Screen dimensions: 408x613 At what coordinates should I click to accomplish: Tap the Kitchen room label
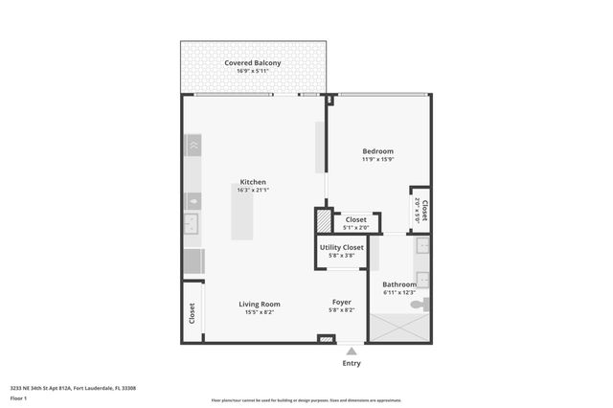coord(253,182)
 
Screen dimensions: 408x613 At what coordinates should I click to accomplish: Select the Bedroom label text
coord(377,151)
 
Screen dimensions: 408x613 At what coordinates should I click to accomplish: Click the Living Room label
coord(259,304)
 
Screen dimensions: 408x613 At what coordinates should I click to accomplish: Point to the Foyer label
coord(341,304)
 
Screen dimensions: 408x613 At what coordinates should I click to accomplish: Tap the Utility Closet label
coord(342,248)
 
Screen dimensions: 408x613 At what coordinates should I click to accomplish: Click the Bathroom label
coord(399,284)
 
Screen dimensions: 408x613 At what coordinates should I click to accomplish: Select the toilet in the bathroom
coord(420,304)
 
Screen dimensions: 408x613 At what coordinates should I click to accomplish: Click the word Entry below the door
coord(352,364)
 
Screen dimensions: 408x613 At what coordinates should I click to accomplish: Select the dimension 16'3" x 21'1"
coord(253,191)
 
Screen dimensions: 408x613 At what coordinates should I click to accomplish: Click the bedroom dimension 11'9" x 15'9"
coord(377,160)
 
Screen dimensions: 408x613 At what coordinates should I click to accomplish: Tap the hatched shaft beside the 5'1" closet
coord(323,221)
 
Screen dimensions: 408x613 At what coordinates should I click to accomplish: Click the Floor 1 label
coord(18,397)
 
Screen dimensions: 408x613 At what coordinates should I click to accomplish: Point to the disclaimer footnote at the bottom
coord(306,400)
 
